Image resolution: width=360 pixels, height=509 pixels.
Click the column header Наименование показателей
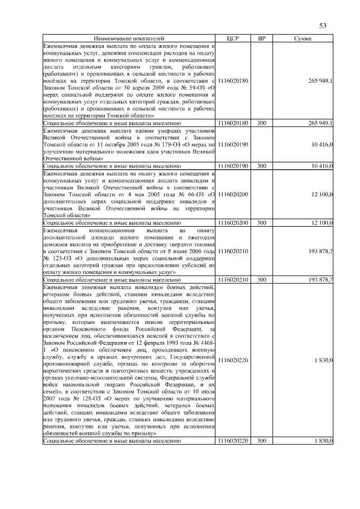click(x=129, y=38)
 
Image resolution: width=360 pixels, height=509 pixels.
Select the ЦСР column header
click(x=233, y=38)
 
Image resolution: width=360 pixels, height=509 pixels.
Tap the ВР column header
click(x=262, y=38)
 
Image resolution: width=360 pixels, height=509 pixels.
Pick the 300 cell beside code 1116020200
click(x=262, y=223)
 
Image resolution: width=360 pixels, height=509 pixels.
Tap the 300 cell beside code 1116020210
click(x=262, y=279)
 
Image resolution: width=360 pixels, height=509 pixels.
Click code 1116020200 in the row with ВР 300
click(x=233, y=223)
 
